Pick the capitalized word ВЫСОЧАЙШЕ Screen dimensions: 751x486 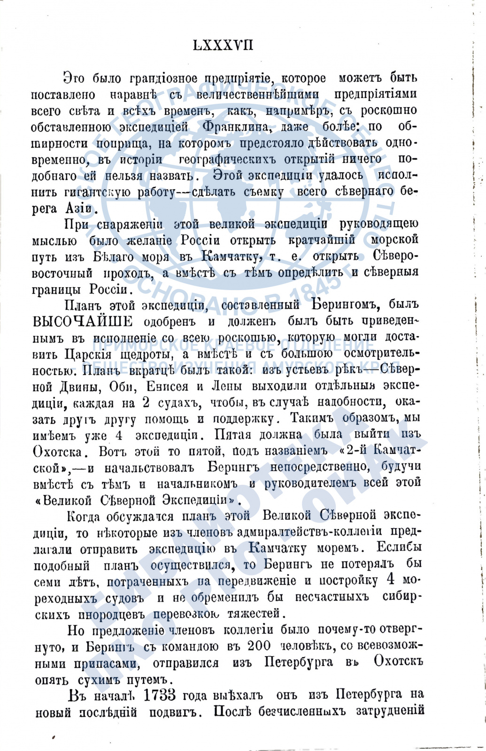point(83,322)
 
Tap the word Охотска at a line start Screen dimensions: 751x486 point(58,452)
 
